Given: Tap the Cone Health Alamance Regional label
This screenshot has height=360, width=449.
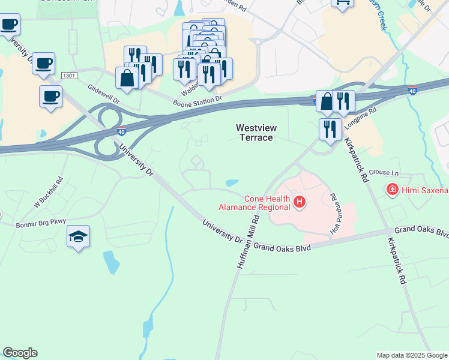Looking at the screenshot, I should point(267,203).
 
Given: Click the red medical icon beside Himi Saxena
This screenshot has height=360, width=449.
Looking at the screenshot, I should point(393,190).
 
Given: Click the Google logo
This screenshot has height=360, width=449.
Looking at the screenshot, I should point(20,353).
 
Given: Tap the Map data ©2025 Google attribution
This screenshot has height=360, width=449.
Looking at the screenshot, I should point(412,355).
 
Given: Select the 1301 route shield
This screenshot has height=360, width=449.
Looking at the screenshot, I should point(70,76).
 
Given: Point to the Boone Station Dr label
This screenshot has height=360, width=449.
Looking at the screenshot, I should point(197,98).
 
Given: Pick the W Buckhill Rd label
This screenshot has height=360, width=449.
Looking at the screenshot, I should point(49,192).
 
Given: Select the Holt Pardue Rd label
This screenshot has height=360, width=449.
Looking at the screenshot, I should point(334,214).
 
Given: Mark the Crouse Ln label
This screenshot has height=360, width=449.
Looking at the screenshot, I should point(379,172).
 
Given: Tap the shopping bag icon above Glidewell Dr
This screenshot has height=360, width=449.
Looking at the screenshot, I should point(127,79).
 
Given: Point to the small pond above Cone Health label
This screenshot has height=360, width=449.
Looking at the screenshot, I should point(232,183).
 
